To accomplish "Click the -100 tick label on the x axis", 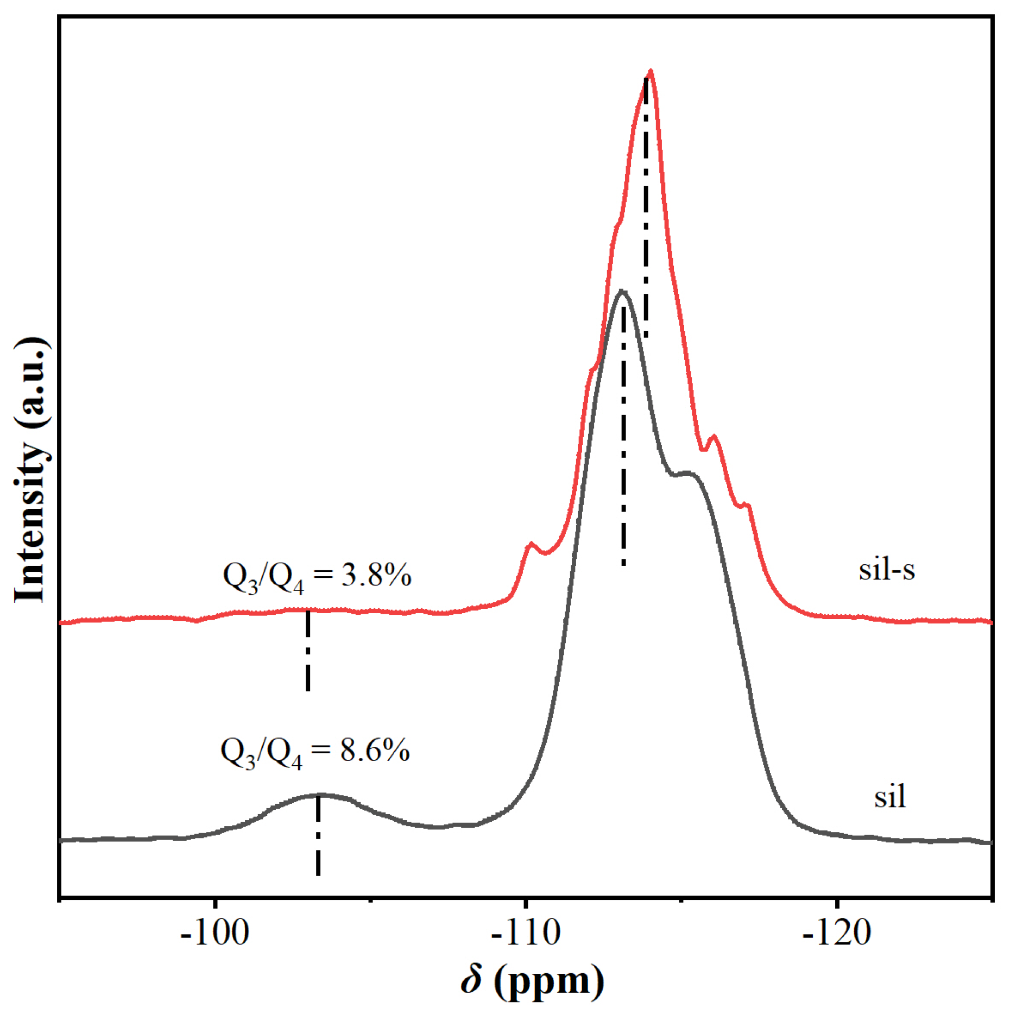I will pyautogui.click(x=214, y=933).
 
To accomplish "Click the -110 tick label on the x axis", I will pyautogui.click(x=525, y=933).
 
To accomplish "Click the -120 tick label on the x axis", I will pyautogui.click(x=836, y=933).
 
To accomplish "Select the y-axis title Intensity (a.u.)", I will pyautogui.click(x=31, y=470).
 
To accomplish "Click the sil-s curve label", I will pyautogui.click(x=886, y=570).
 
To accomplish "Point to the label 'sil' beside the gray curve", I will pyautogui.click(x=889, y=797).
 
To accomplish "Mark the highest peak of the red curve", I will pyautogui.click(x=650, y=72).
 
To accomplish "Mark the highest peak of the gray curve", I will pyautogui.click(x=622, y=292).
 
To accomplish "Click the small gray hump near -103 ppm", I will pyautogui.click(x=319, y=795).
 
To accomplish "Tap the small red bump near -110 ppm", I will pyautogui.click(x=531, y=544).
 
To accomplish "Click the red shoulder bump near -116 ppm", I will pyautogui.click(x=714, y=437).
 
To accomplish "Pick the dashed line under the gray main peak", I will pyautogui.click(x=623, y=434).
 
